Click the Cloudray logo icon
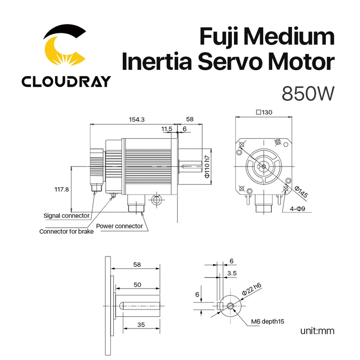coord(65,47)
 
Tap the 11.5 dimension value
coord(166,129)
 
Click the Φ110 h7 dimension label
coord(207,166)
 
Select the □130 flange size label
coord(264,112)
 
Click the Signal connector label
coord(66,216)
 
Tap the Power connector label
coord(119,226)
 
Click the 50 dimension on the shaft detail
coord(137,285)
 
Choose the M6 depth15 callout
coord(267,321)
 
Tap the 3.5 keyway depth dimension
coord(232,273)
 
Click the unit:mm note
coord(317,332)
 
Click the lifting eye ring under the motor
coord(157,199)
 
